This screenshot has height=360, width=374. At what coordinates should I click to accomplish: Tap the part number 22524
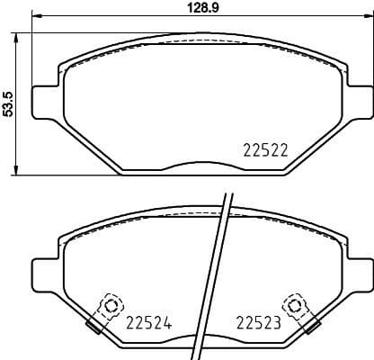[x=148, y=322]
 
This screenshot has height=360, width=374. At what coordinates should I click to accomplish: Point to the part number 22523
[x=258, y=322]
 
